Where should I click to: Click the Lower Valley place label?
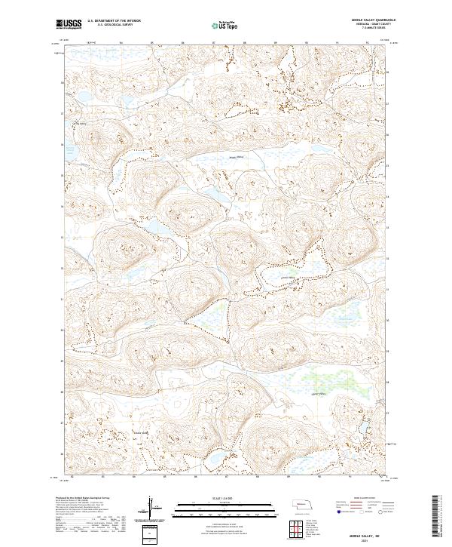[x=317, y=392]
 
